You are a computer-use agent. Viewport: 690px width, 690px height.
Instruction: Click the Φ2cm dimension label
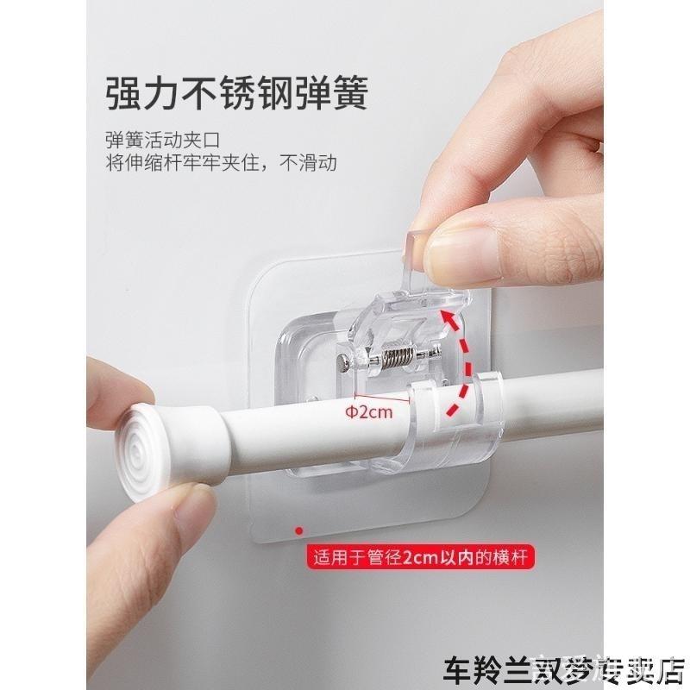point(370,411)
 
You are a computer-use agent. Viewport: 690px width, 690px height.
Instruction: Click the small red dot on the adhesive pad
point(298,530)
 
